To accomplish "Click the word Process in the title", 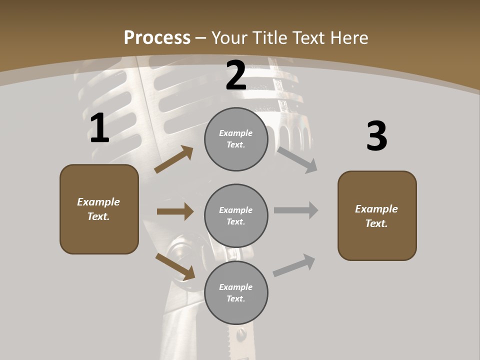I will pos(157,38).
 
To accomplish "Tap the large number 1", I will pos(99,128).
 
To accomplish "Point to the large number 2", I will pos(236,75).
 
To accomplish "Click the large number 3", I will pos(376,136).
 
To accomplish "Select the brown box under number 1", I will pos(99,209).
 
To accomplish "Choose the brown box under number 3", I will pos(377,215).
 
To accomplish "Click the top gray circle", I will pos(236,139).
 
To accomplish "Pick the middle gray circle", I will pos(236,215).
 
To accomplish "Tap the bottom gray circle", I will pos(236,292).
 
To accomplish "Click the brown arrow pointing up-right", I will pos(173,159).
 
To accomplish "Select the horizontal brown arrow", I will pos(175,211).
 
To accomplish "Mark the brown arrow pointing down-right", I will pos(175,266).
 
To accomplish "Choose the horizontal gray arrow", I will pos(296,210).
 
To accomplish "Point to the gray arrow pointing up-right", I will pos(294,265).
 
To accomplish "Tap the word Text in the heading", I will pos(307,38).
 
